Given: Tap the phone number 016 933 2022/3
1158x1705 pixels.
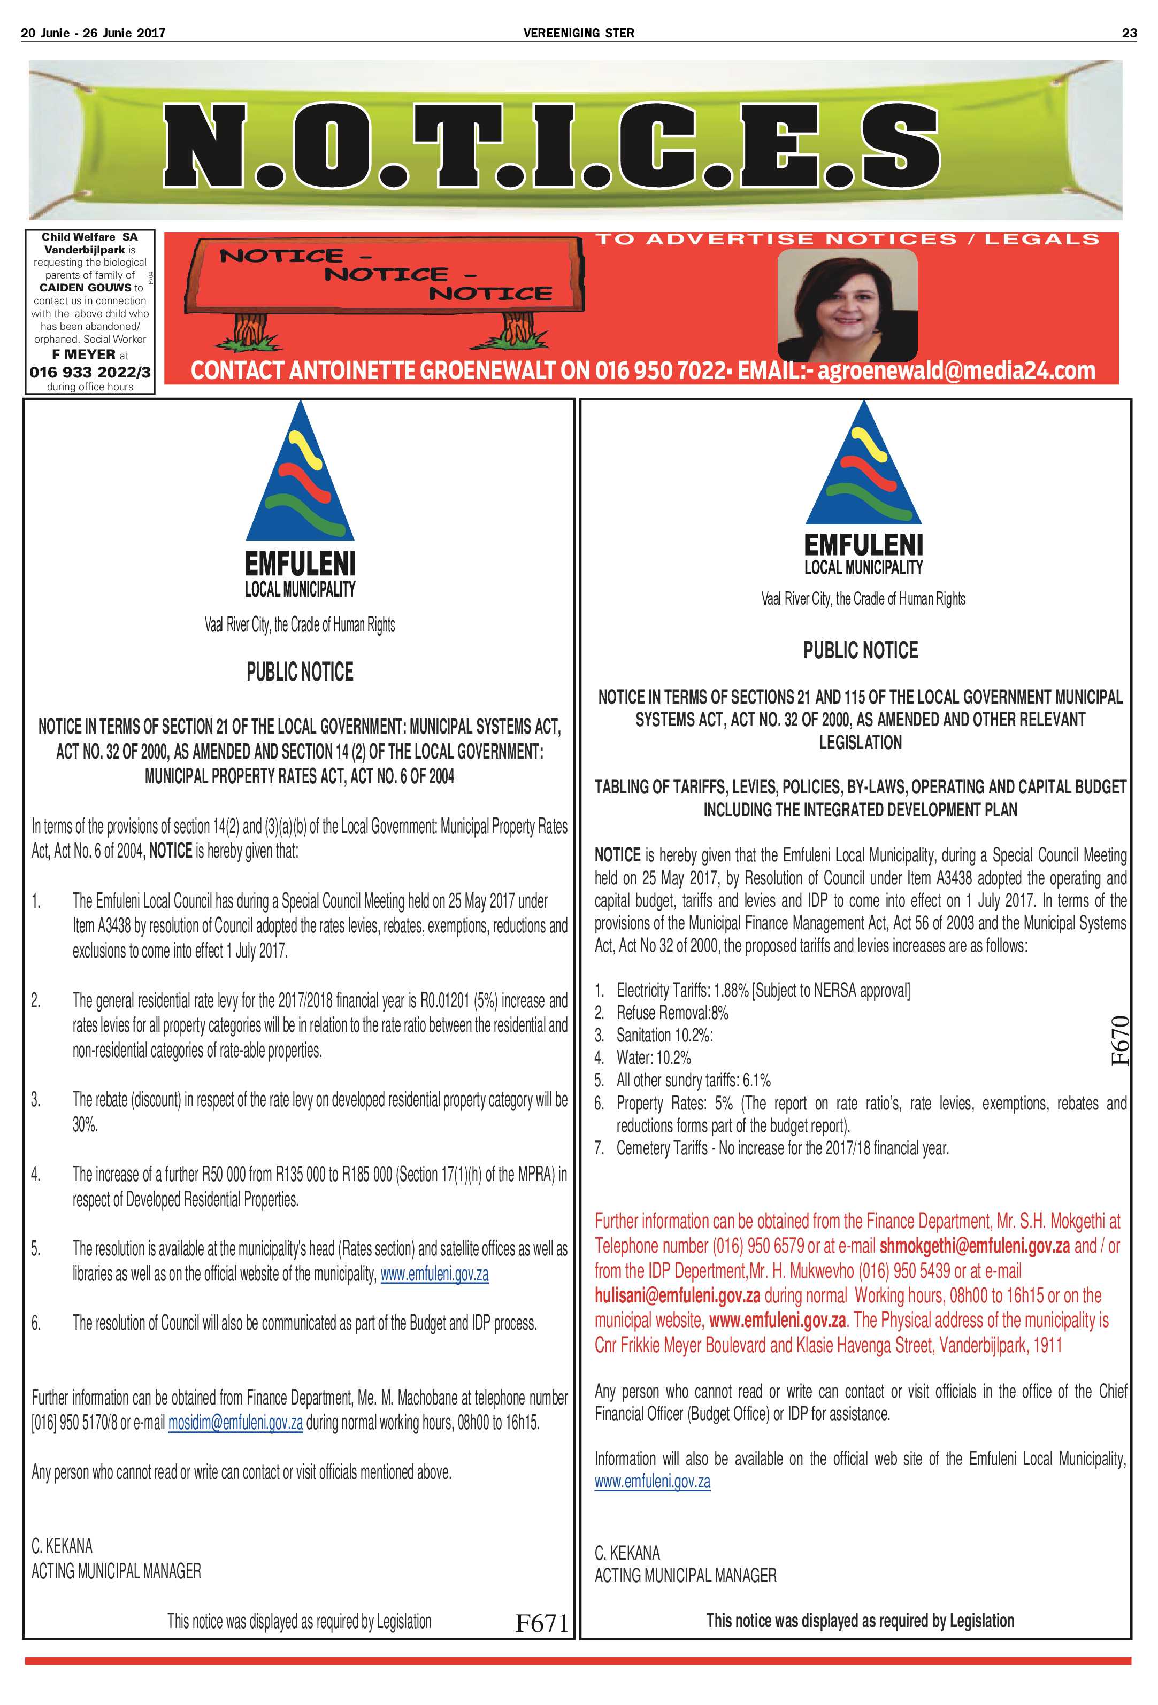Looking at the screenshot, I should (x=89, y=373).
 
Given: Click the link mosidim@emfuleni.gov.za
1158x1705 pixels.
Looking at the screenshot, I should (x=235, y=1423).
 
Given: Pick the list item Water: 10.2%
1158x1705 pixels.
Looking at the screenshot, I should (x=653, y=1058).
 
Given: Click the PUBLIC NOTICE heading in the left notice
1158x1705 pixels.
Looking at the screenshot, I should (x=300, y=672).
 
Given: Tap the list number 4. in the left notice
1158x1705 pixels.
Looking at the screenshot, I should (x=36, y=1175).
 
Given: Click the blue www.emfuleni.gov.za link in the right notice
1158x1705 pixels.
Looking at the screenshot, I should (x=653, y=1481).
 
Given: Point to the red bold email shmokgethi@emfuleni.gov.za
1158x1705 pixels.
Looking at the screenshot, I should (x=974, y=1246).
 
